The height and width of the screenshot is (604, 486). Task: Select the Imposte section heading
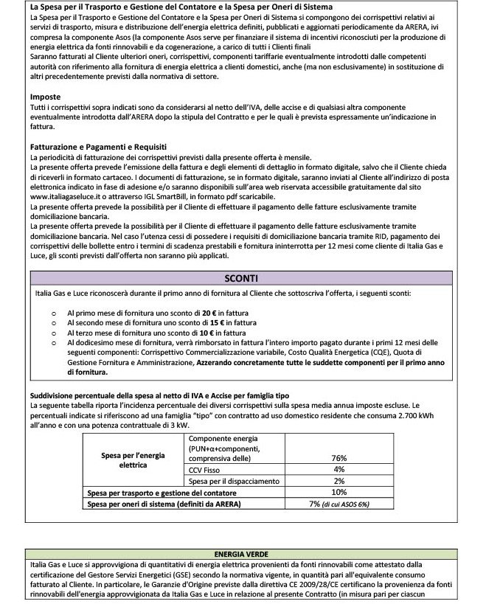pos(45,97)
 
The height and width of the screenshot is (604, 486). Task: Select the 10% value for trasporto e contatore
pos(339,492)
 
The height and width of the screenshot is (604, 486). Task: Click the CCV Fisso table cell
pos(200,469)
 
